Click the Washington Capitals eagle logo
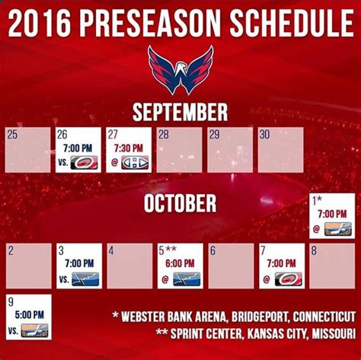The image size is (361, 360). coord(180,69)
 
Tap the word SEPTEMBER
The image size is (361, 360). coord(180,112)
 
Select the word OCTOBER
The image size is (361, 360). coord(180,203)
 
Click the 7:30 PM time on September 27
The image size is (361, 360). coord(129,148)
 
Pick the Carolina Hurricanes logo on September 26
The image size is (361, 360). coord(84,163)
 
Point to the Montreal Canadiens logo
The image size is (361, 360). coord(135,163)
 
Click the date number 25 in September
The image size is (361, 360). coord(12,135)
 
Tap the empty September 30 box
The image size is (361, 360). coord(280,150)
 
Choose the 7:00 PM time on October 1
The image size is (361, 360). coord(332,214)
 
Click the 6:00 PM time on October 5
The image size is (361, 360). coord(180,263)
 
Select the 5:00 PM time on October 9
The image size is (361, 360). coord(30,315)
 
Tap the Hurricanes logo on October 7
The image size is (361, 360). coord(289,279)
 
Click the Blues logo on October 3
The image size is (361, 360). coord(85,279)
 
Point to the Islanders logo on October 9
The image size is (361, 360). coord(34,330)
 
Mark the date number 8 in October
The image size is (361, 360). coord(314,250)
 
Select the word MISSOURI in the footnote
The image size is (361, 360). coord(334,334)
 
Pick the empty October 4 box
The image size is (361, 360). coord(129,266)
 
